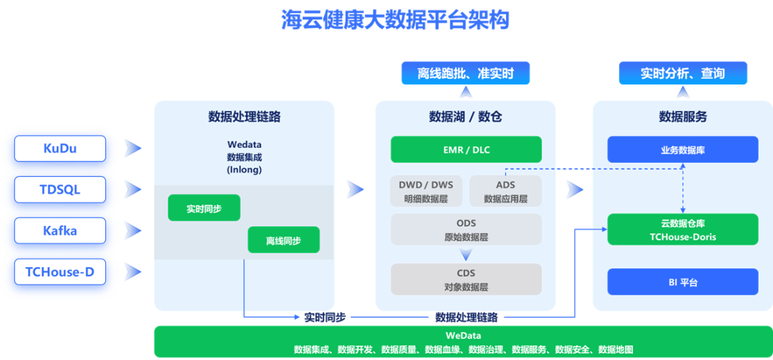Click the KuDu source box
[x=60, y=148]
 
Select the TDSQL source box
[x=60, y=190]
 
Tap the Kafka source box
[x=60, y=230]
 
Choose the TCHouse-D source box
[x=60, y=272]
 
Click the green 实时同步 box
[x=204, y=208]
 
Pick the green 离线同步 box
[x=283, y=240]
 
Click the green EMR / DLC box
[x=466, y=150]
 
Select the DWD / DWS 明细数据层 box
[x=427, y=191]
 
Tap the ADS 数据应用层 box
[x=505, y=191]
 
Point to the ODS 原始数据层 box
[x=466, y=229]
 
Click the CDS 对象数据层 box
[x=466, y=279]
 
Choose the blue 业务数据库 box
[x=682, y=150]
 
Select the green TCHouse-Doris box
[x=682, y=230]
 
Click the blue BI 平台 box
[x=682, y=282]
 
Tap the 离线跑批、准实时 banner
[x=465, y=73]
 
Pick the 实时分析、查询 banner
[x=682, y=73]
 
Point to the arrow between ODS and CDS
[x=466, y=254]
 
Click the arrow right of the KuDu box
[x=132, y=148]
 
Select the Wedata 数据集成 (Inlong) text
[x=244, y=157]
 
